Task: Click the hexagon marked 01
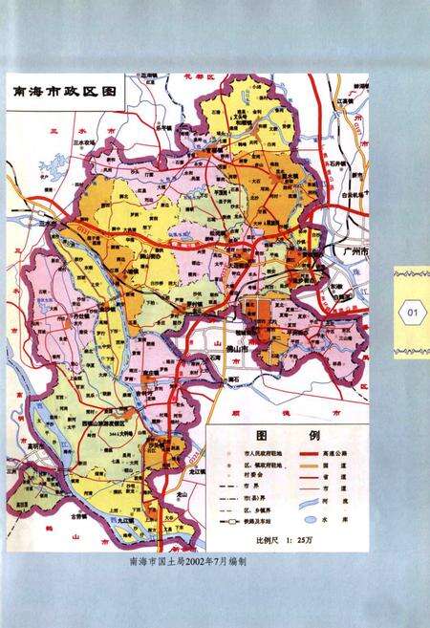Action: [x=412, y=312]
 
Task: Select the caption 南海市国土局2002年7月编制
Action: [x=188, y=562]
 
